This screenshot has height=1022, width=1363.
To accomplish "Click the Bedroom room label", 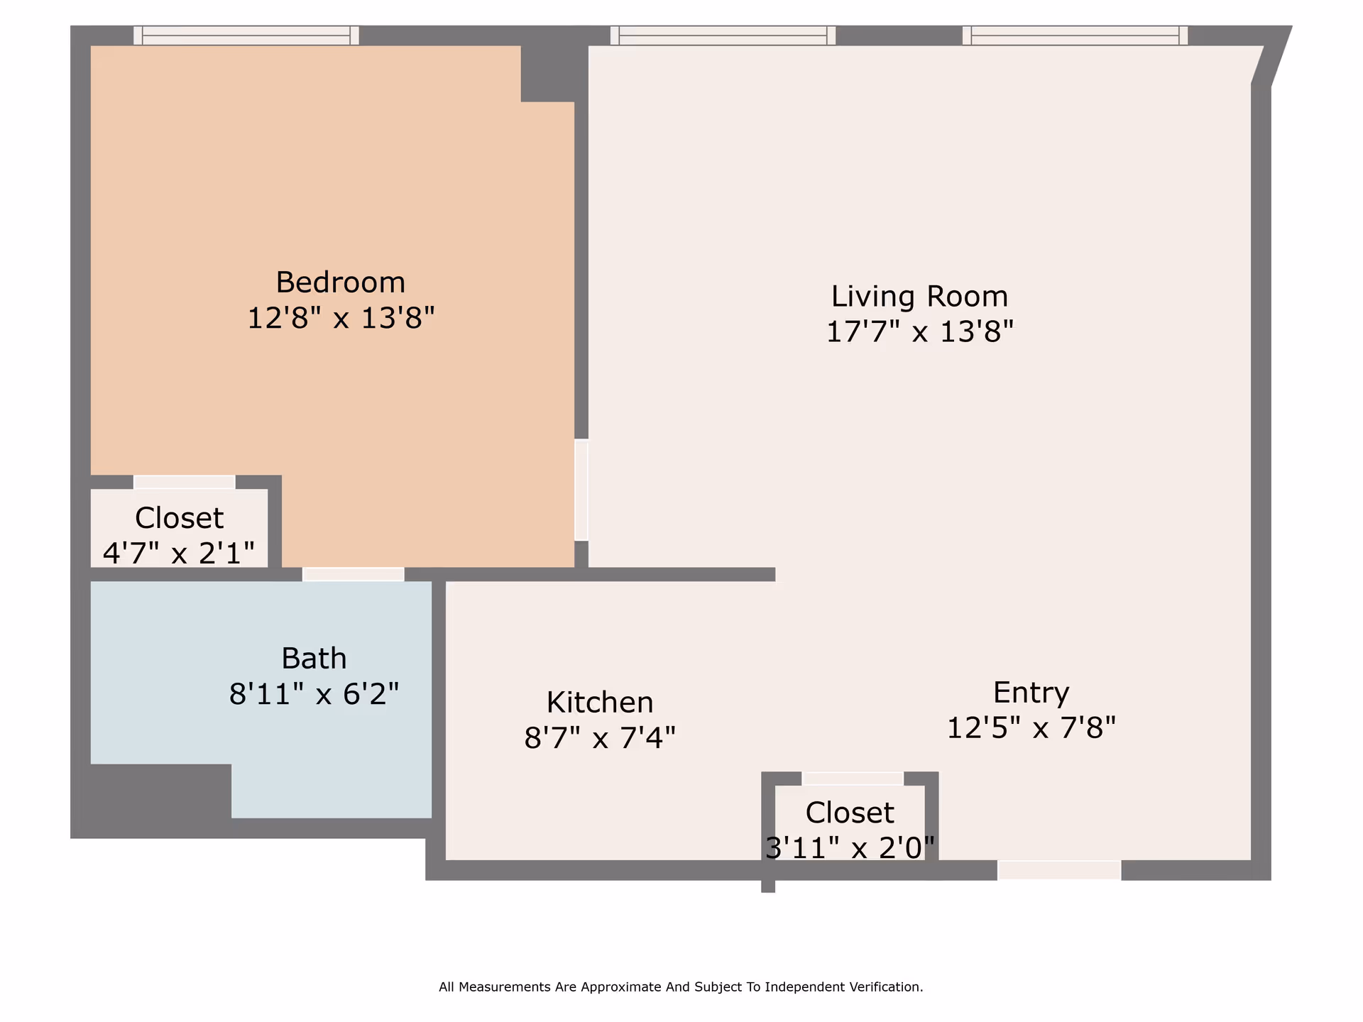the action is click(341, 282).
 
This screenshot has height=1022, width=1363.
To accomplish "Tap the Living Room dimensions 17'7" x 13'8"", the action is click(920, 331).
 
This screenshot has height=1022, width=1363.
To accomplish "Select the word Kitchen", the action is click(600, 703).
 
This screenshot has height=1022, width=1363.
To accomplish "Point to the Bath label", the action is click(314, 659).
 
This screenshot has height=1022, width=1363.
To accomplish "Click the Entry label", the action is click(1031, 693).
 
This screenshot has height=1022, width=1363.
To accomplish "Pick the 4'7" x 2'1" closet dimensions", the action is click(179, 553).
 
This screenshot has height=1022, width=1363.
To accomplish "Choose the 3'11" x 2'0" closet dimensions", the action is click(850, 847).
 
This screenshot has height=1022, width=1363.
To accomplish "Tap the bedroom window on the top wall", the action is click(246, 35).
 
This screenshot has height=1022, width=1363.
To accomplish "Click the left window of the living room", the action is click(723, 35).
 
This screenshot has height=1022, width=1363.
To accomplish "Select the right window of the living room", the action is click(1075, 35).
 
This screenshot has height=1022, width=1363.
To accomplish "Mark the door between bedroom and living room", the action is click(581, 490).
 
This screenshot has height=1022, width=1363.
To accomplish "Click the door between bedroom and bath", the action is click(354, 574).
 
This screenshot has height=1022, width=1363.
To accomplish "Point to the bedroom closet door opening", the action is click(185, 482).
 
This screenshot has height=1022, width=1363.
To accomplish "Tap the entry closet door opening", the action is click(853, 779).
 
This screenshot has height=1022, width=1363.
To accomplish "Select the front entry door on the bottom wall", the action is click(1059, 870).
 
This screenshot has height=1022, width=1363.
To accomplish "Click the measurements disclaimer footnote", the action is click(681, 987).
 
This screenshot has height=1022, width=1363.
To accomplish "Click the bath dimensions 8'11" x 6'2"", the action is click(314, 693).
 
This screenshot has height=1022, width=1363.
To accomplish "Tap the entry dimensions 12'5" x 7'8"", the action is click(1031, 727).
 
